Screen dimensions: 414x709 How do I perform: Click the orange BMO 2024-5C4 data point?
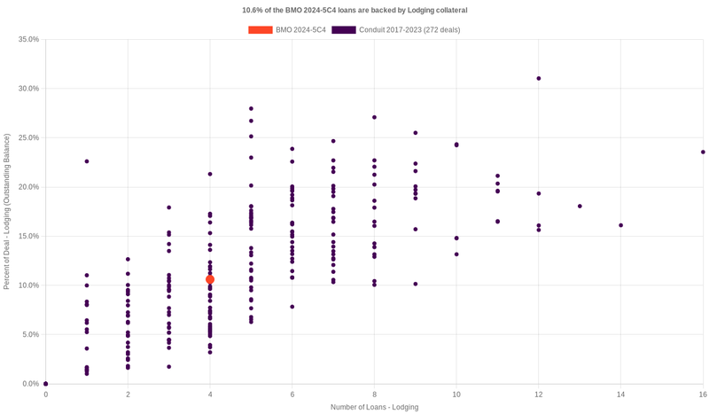point(210,279)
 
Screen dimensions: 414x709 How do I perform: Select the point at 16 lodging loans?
point(703,152)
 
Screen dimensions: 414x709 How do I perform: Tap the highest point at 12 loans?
point(539,78)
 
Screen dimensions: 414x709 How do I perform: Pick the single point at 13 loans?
point(580,206)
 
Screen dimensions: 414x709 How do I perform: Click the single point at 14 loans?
point(620,225)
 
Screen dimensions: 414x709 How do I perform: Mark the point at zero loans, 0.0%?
point(46,384)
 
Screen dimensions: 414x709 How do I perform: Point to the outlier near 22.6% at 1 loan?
point(87,161)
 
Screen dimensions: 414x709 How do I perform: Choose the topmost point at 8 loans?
point(374,117)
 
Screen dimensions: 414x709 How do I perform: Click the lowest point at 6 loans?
point(292,307)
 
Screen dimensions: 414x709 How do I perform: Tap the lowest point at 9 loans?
point(416,284)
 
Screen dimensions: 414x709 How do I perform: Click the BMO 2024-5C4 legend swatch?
point(261,30)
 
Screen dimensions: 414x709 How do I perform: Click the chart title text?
point(354,10)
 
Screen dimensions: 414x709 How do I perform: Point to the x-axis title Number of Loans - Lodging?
point(374,407)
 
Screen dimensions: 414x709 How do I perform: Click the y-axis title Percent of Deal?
point(7,211)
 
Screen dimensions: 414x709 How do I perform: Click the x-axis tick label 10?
point(456,394)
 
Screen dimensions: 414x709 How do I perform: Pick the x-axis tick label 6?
point(292,394)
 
